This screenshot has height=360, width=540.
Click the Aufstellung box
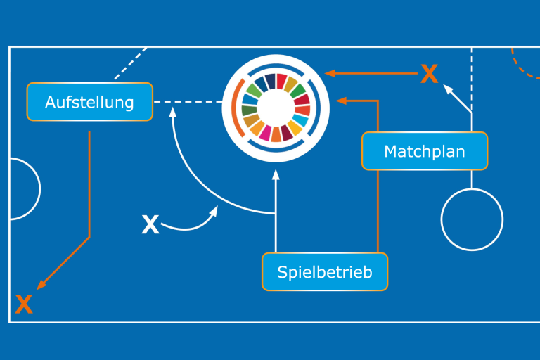coord(89,102)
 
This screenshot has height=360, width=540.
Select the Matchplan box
coord(424,151)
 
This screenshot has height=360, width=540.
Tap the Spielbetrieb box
coord(324,271)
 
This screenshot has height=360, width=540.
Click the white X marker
coord(150,225)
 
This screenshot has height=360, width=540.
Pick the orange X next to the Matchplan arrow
coord(429,73)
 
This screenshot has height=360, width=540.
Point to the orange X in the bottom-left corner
coord(24,304)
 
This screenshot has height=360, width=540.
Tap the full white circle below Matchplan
coord(472,219)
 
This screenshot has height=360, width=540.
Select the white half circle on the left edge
coord(24,189)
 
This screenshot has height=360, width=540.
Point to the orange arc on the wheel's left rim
coord(233,108)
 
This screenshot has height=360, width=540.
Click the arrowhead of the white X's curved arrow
coord(214,211)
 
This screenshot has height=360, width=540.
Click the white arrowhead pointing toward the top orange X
coord(447,89)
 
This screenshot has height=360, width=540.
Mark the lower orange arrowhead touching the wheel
coord(341,101)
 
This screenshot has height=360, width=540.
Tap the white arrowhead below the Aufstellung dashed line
coord(173,122)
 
